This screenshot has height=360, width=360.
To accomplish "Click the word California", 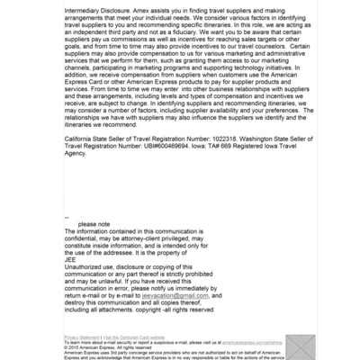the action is tap(78, 139).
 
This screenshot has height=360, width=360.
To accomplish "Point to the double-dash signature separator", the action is tap(67, 217).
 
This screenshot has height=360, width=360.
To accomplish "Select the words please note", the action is tap(94, 224).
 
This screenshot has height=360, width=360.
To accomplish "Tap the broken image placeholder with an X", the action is tap(300, 346).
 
